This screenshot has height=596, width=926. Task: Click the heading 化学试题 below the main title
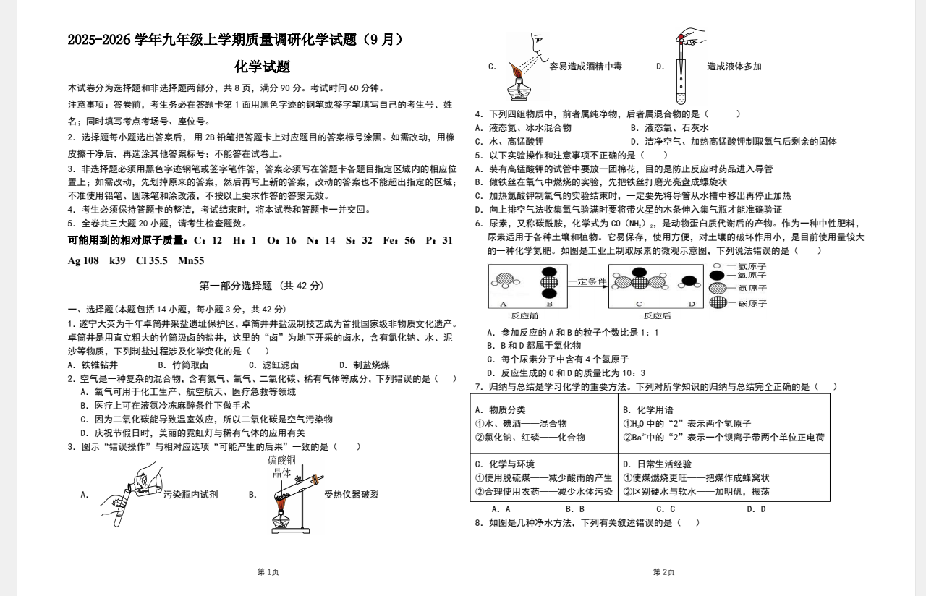(263, 67)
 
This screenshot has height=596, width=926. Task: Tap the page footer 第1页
(268, 572)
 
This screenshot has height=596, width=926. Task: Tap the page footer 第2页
(663, 572)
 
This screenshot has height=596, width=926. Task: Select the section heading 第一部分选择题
(262, 286)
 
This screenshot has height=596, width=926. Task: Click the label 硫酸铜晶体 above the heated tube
(281, 467)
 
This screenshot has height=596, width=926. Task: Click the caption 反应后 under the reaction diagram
(657, 315)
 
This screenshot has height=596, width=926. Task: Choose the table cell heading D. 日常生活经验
(657, 464)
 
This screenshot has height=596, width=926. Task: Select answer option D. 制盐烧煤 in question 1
(365, 365)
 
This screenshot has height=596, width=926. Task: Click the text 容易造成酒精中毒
(585, 67)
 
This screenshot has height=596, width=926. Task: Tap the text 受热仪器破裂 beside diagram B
(351, 495)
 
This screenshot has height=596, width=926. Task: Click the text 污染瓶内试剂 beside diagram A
(190, 495)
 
